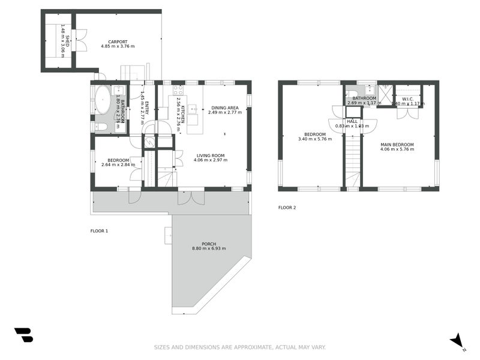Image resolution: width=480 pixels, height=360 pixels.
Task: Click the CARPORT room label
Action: [x=118, y=41]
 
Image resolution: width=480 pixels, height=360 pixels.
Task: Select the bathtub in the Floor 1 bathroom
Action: [x=103, y=100]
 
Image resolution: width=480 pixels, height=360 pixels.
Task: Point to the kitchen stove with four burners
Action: [x=178, y=91]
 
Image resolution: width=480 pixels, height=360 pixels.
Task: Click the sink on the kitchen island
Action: [x=192, y=109]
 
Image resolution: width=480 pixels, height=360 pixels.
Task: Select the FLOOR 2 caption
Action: [x=287, y=208]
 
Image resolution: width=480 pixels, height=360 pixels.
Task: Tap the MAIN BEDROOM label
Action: [x=397, y=144]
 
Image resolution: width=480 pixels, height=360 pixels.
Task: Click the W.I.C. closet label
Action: [x=407, y=98]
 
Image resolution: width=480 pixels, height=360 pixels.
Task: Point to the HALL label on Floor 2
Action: [x=352, y=121]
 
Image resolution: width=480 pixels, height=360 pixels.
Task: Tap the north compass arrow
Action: [x=457, y=340]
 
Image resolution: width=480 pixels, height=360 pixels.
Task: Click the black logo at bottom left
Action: [x=23, y=335]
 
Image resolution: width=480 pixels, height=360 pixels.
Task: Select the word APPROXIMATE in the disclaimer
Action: [x=251, y=347]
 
